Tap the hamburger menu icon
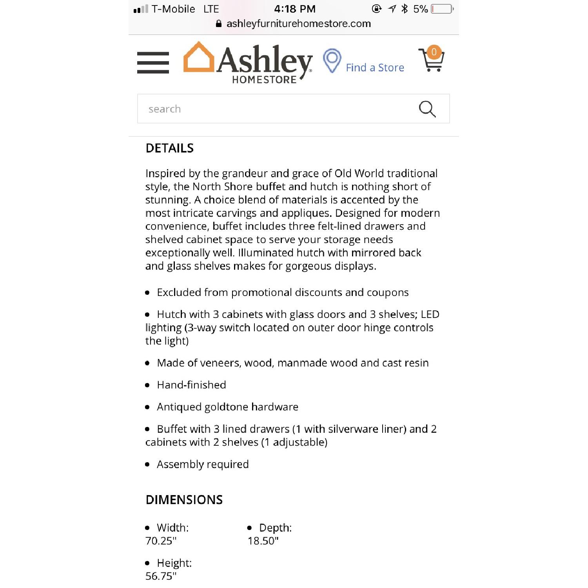click(153, 63)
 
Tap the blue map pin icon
click(332, 60)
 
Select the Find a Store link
click(375, 68)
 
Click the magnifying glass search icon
click(427, 109)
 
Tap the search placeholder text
click(165, 109)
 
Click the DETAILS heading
click(170, 148)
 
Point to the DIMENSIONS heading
click(184, 500)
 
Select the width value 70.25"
click(161, 541)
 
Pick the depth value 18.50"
click(263, 541)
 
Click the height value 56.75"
click(161, 576)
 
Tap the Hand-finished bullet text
click(191, 385)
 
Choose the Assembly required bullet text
click(203, 465)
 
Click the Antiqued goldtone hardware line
click(227, 407)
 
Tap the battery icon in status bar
click(442, 9)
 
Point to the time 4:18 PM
click(295, 9)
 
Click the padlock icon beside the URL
click(219, 24)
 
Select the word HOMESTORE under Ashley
click(264, 80)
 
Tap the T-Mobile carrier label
click(173, 9)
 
